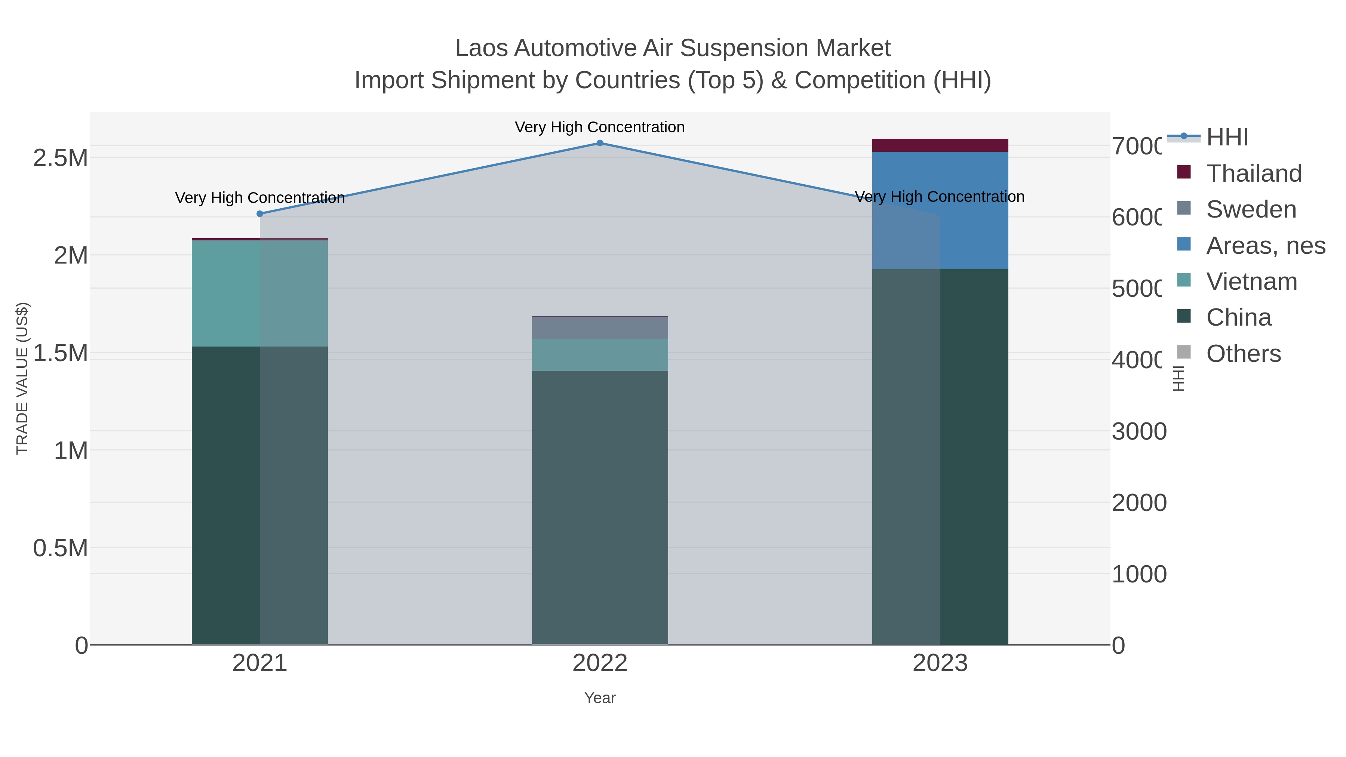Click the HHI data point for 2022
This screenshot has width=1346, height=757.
point(600,143)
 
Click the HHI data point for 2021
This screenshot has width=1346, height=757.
point(260,214)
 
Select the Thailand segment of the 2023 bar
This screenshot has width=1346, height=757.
point(940,145)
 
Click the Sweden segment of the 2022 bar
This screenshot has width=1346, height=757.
point(600,328)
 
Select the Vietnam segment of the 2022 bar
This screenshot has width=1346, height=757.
point(600,355)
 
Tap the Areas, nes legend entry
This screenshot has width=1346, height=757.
point(1265,246)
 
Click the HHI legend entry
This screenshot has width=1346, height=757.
point(1227,138)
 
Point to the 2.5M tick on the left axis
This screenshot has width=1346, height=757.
point(60,158)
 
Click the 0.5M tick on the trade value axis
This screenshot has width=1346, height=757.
point(60,548)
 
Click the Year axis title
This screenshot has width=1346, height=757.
point(600,698)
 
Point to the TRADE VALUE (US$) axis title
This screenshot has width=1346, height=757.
point(22,378)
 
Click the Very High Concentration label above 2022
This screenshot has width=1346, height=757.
point(600,127)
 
